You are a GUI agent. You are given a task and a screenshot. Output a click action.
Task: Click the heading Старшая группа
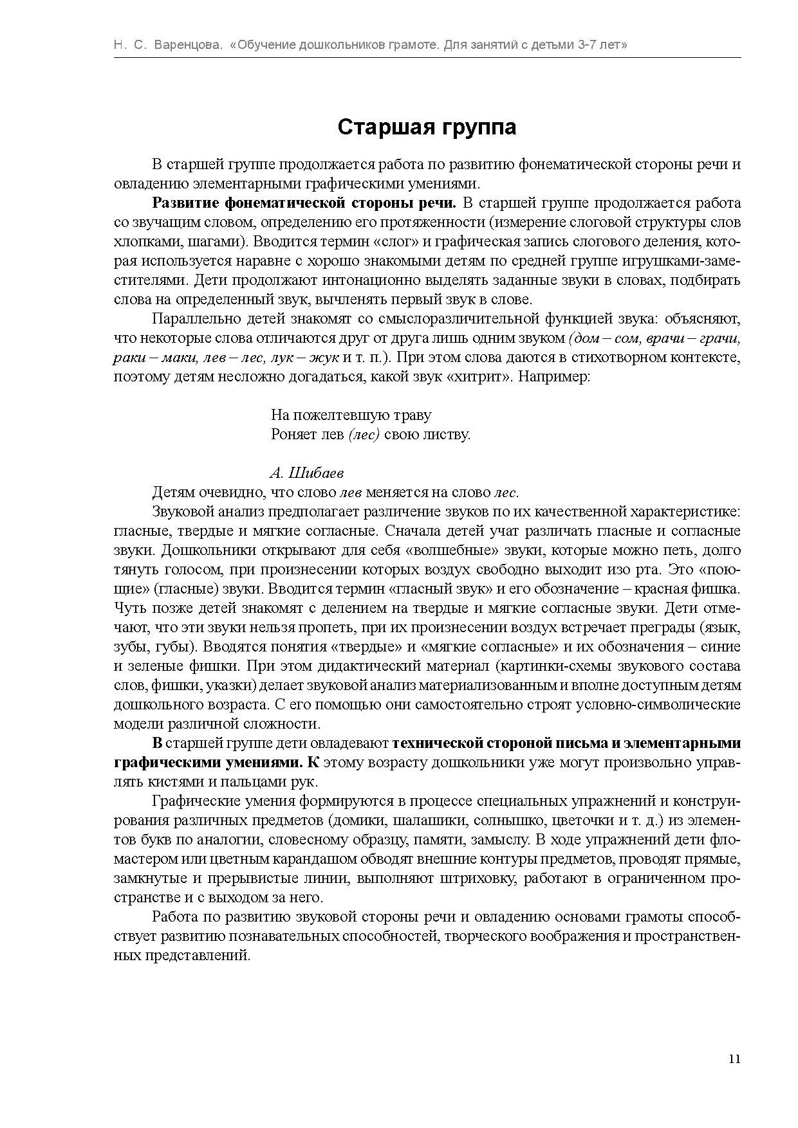tap(427, 127)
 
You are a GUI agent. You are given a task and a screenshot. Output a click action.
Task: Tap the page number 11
tap(734, 1059)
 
